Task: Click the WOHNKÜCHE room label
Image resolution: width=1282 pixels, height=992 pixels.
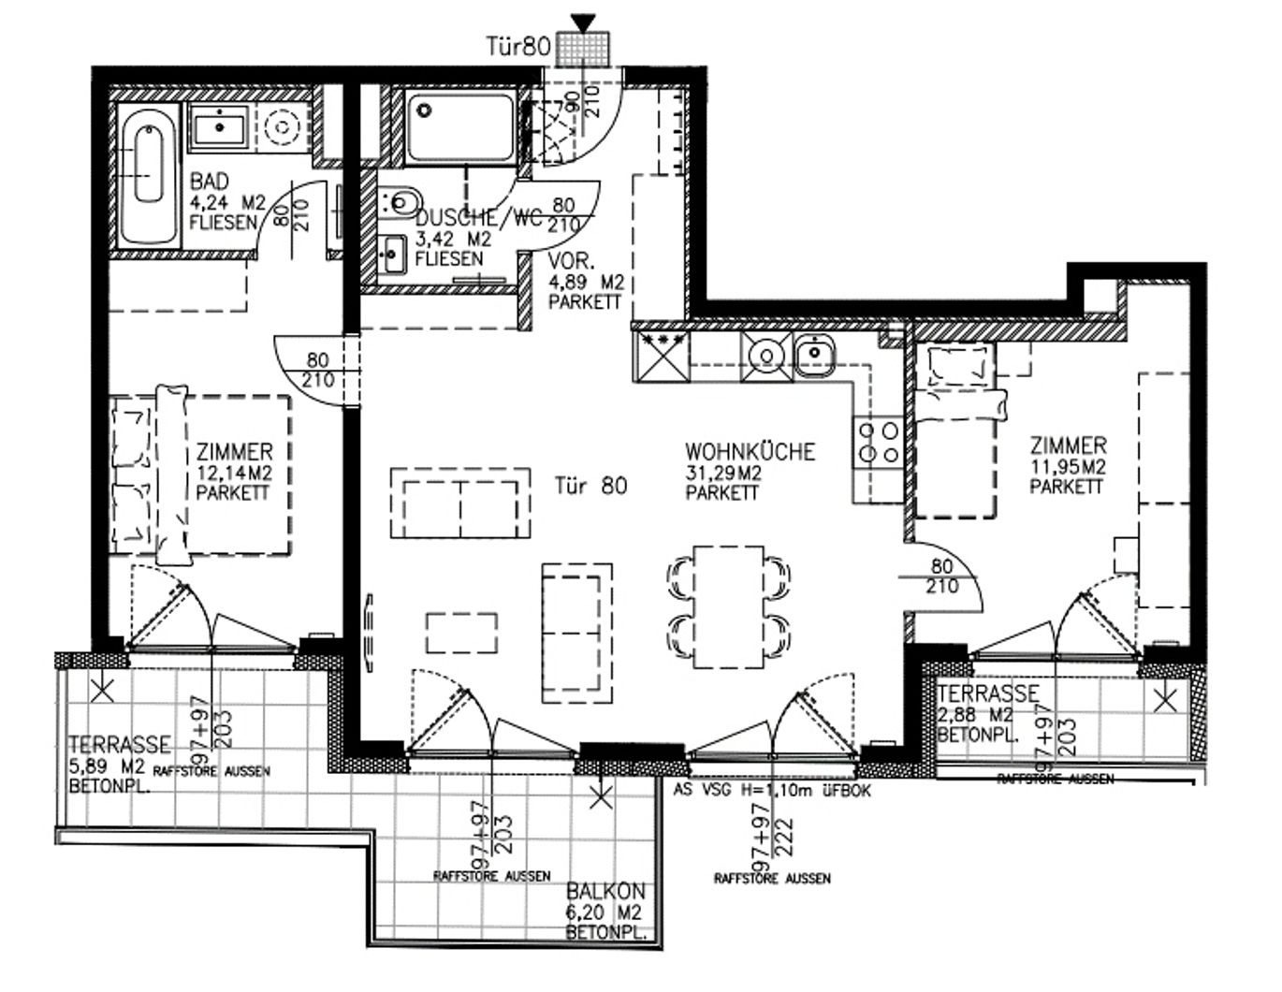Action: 750,452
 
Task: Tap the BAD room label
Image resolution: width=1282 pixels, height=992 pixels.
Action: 209,181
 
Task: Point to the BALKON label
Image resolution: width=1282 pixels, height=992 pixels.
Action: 605,893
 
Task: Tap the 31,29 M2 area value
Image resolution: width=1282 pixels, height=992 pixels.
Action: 723,473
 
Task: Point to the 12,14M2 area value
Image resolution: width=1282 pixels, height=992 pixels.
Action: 234,473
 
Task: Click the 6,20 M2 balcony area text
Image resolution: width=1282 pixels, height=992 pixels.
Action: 605,913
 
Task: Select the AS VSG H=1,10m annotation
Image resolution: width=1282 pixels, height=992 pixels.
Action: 772,791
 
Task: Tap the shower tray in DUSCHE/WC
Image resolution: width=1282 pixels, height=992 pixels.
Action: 459,126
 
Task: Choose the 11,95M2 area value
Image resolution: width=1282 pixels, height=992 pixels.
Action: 1069,467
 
